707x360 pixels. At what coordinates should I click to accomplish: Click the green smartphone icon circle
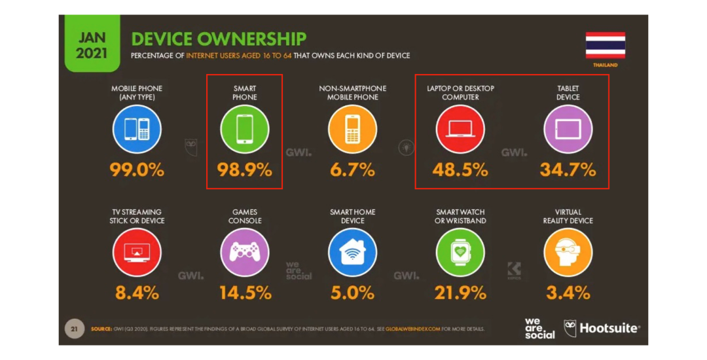tap(244, 129)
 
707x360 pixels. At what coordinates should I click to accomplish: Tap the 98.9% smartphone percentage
tap(244, 170)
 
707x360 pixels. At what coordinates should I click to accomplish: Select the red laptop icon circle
tap(460, 129)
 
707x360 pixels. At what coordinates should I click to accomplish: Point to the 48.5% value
tap(460, 170)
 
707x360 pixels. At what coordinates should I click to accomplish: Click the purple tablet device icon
tap(568, 129)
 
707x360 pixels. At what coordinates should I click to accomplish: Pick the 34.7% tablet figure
tap(568, 170)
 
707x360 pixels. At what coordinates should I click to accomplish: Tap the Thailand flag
tap(606, 45)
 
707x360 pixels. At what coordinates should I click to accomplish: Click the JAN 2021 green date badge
tap(92, 45)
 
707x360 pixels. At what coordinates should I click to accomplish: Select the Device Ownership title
tap(219, 39)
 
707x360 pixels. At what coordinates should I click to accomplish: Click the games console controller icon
tap(244, 252)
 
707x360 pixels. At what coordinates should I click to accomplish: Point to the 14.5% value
tap(245, 293)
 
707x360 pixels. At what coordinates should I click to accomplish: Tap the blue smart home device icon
tap(352, 252)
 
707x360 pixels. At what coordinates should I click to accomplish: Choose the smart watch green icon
tap(460, 252)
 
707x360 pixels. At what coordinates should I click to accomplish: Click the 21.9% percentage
tap(460, 293)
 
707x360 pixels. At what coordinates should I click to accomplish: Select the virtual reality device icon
tap(568, 252)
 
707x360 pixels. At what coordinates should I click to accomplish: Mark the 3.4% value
tap(568, 293)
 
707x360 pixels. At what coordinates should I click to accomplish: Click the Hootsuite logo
tap(602, 328)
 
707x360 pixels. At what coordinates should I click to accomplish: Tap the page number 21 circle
tap(74, 328)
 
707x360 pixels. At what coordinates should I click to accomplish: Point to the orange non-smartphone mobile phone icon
tap(352, 129)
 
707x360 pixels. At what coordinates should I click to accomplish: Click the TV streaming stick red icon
tap(137, 252)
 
